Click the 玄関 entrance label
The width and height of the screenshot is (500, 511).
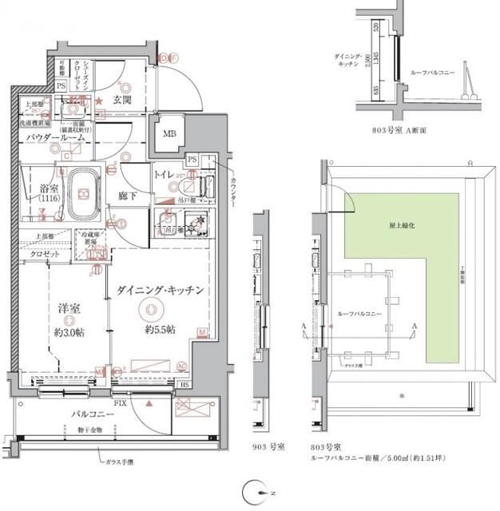point(122,100)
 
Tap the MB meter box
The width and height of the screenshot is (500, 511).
point(169,133)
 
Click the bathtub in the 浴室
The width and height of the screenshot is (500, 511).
point(82,194)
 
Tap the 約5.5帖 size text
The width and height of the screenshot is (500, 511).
point(159,329)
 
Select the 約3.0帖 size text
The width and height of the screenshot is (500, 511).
point(69,329)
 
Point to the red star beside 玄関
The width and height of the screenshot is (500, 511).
point(100,101)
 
